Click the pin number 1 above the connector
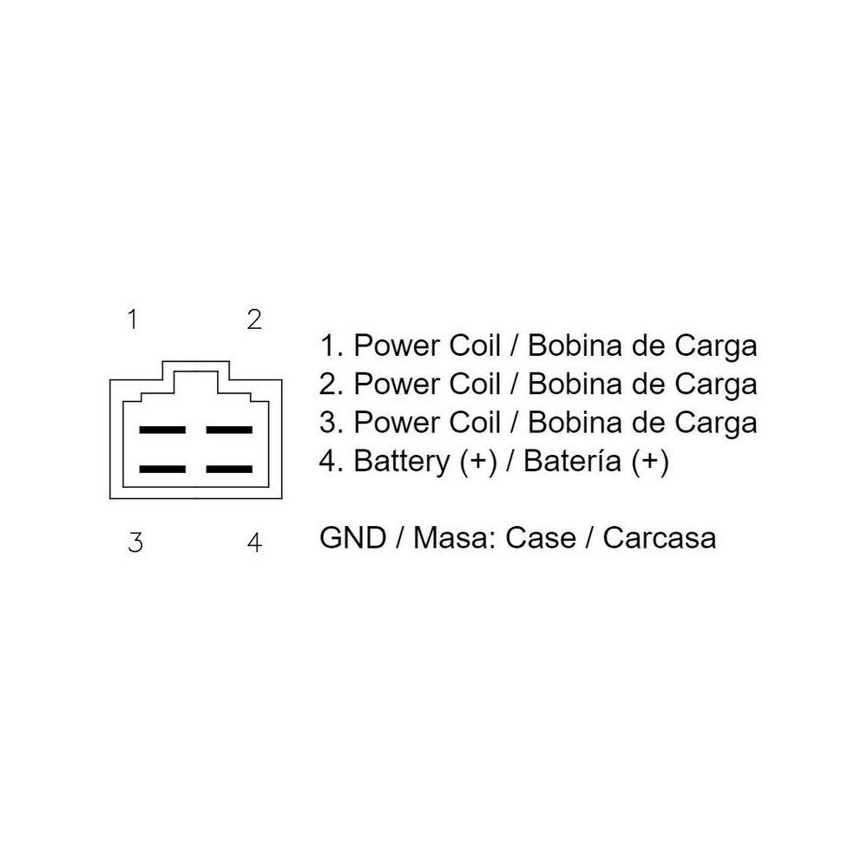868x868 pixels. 132,319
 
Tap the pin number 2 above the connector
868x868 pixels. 254,319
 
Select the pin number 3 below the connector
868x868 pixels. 135,542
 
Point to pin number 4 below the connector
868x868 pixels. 254,542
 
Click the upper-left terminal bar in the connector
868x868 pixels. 162,430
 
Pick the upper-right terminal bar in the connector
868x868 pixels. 229,430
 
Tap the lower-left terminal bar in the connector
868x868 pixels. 162,469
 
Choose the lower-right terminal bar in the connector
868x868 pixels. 229,469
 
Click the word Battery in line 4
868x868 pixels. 402,462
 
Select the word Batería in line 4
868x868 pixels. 572,461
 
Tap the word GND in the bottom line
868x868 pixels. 352,537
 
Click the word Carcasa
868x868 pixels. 660,537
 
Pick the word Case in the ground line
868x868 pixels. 541,537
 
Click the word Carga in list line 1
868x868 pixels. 715,347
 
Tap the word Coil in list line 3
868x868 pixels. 475,423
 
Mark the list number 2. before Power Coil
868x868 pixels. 332,385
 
